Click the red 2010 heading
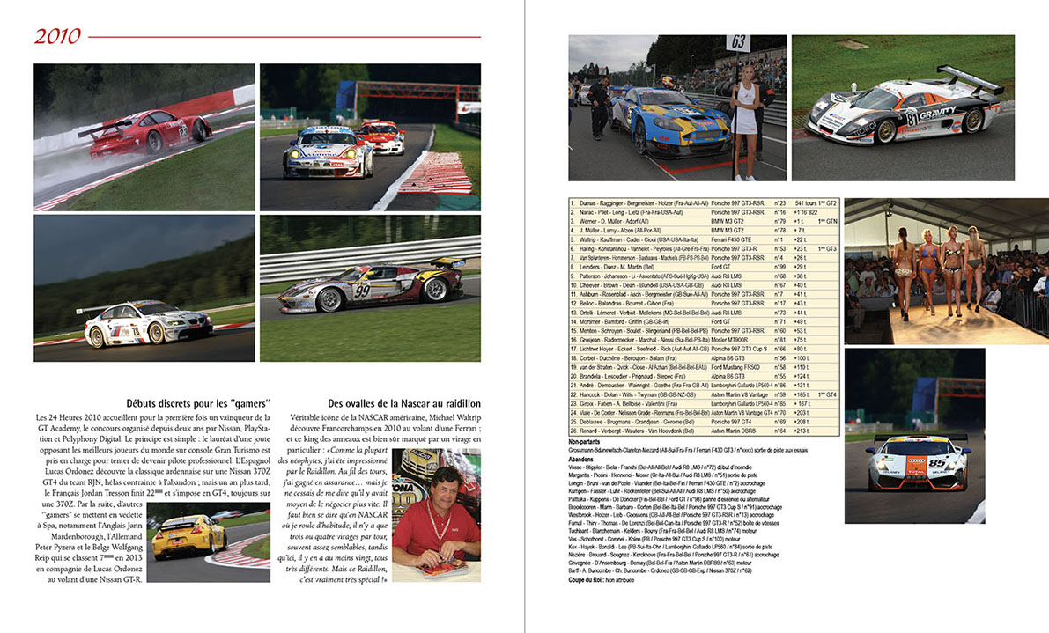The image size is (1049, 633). point(58,36)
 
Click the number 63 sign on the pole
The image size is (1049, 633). point(738,42)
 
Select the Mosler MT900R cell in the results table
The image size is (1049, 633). point(730,339)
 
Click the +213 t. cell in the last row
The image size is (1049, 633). point(802,431)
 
